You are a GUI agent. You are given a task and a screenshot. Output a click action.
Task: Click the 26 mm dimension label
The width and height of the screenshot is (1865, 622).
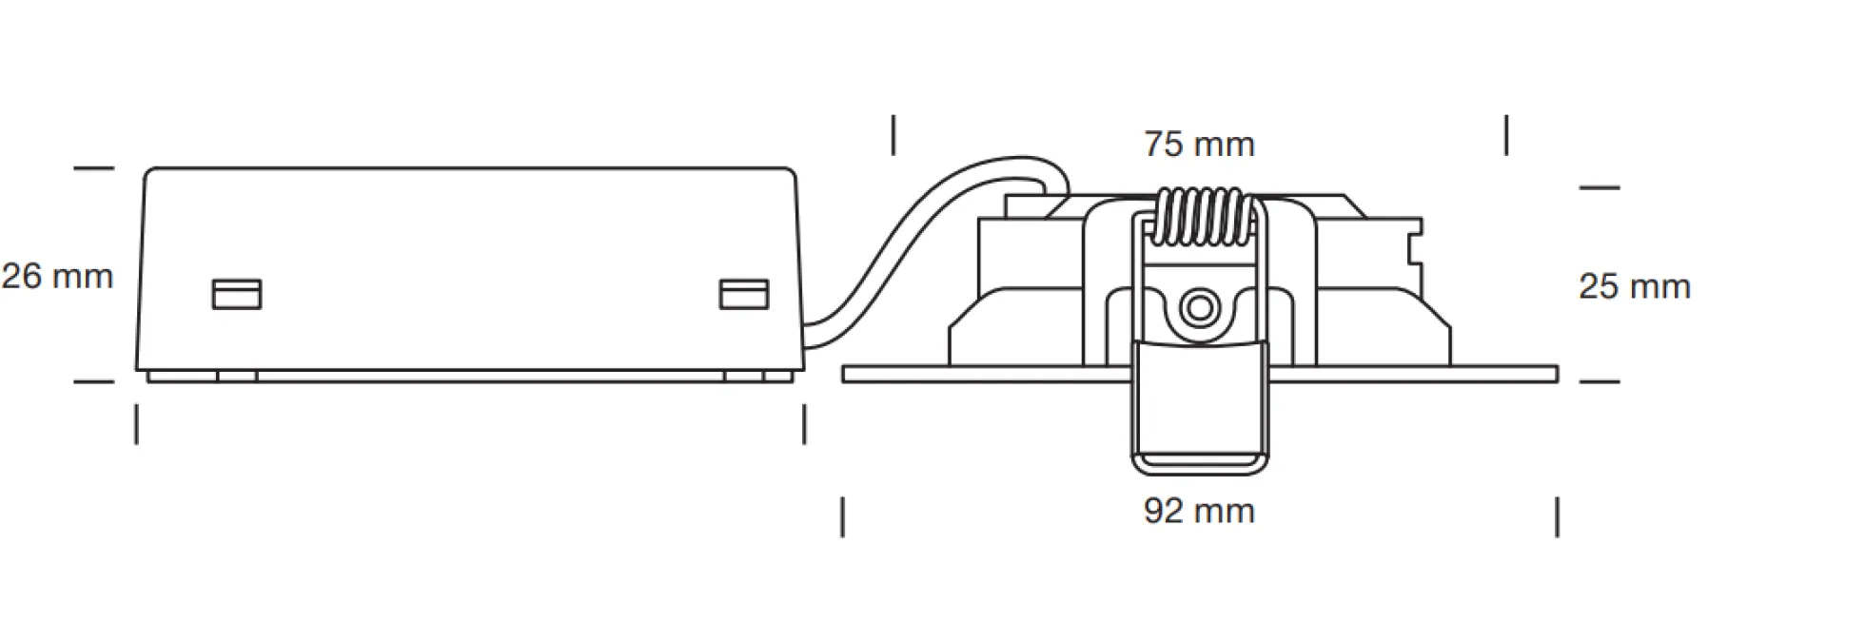[x=57, y=277]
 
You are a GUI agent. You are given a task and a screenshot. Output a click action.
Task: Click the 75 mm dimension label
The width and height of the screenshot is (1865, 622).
[x=1199, y=145]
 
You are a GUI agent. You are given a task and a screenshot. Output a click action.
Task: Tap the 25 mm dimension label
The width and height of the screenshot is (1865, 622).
[x=1635, y=286]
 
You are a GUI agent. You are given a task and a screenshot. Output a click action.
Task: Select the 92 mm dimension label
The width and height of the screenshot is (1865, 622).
[x=1199, y=511]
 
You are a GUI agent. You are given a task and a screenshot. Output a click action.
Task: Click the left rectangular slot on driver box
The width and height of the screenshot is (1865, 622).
[x=236, y=294]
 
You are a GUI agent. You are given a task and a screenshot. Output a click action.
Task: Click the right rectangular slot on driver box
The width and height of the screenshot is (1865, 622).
[x=744, y=294]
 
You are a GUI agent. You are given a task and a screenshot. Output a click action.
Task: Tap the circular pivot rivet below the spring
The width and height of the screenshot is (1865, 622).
[x=1199, y=308]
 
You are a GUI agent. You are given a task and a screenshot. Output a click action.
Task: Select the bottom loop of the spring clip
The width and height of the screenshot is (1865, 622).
[x=1199, y=465]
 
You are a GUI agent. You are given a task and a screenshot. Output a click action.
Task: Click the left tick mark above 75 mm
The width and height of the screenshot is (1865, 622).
[x=893, y=135]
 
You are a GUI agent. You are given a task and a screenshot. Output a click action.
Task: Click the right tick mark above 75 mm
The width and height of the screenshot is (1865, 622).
[x=1506, y=135]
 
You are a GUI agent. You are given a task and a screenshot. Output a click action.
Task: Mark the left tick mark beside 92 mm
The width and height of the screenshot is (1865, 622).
[x=842, y=517]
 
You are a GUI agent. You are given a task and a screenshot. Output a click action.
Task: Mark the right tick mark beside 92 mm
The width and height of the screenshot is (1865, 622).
[x=1557, y=517]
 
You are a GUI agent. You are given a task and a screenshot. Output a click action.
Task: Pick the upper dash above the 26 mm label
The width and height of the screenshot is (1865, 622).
[x=94, y=168]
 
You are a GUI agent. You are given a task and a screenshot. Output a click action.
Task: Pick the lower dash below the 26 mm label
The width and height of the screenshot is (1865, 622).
[x=94, y=382]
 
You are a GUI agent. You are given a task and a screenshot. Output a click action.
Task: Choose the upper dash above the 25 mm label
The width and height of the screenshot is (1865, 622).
[x=1600, y=187]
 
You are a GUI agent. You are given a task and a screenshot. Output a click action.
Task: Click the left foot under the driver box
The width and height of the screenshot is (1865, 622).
[x=237, y=377]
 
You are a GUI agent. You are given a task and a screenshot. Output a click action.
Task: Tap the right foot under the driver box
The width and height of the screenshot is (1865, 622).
[x=743, y=377]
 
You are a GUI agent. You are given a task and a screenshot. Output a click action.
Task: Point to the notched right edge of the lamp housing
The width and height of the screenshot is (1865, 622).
[x=1417, y=252]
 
